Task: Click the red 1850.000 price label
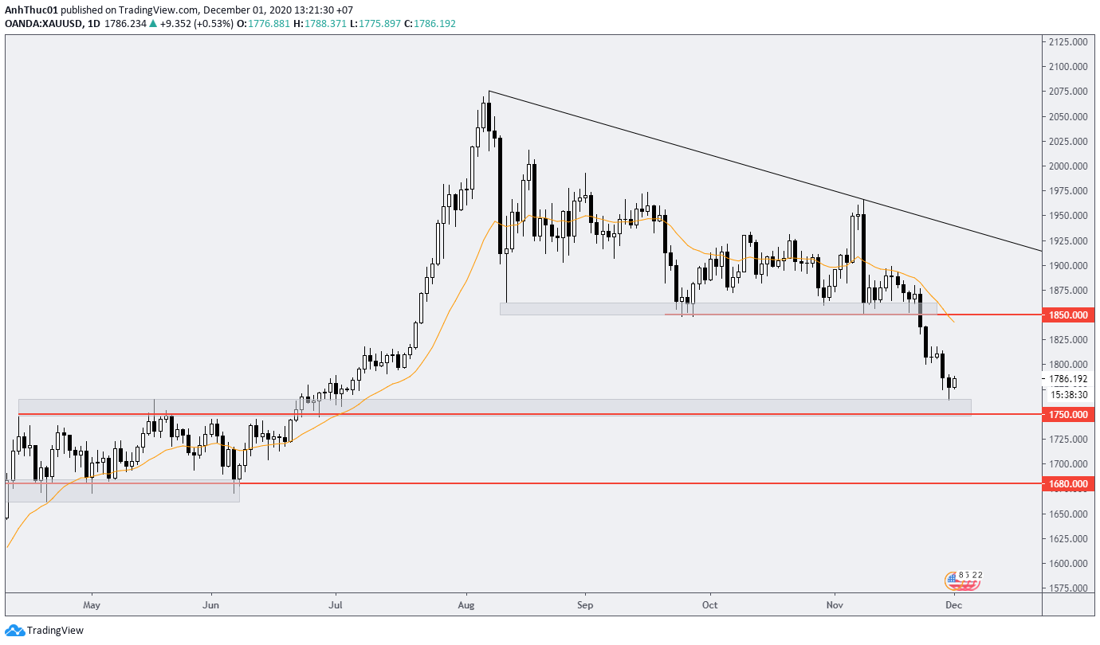[1069, 315]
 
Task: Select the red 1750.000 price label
[1069, 415]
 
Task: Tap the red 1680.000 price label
[1069, 484]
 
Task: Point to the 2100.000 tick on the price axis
[1069, 67]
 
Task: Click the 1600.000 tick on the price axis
[1069, 564]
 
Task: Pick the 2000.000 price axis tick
[1069, 166]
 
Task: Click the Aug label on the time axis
[467, 605]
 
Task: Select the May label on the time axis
[92, 605]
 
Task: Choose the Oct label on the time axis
[709, 605]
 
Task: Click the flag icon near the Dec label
[963, 580]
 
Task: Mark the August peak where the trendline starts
[489, 92]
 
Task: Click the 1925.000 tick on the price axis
[1069, 240]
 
